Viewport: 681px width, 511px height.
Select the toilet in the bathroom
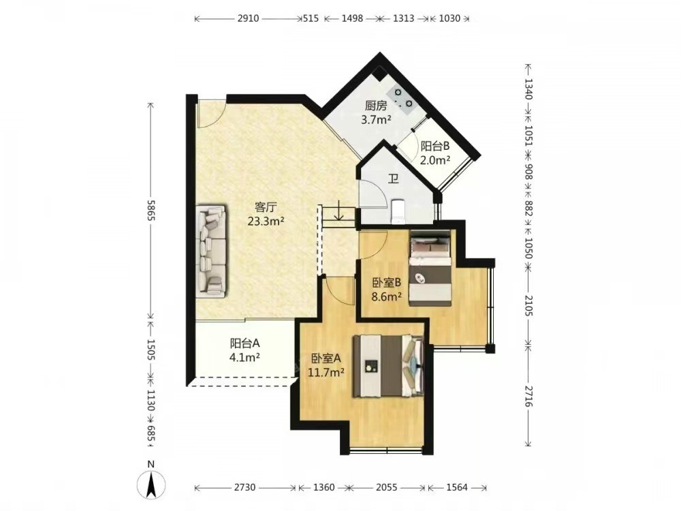398,211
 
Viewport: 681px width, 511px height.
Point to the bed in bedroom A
388,366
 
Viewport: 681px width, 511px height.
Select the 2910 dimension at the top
249,18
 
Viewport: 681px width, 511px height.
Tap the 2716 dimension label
528,396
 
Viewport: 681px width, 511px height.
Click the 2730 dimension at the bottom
245,488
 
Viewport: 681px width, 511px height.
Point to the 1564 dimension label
457,488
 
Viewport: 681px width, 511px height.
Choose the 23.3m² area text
266,221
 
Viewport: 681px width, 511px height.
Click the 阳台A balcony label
245,343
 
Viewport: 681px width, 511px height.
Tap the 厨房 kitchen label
376,106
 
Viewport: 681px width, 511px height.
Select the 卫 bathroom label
394,179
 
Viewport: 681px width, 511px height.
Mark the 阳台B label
434,146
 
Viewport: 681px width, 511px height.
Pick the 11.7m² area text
326,373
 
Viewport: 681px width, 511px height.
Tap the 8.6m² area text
386,297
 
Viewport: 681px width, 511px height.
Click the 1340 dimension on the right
528,89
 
